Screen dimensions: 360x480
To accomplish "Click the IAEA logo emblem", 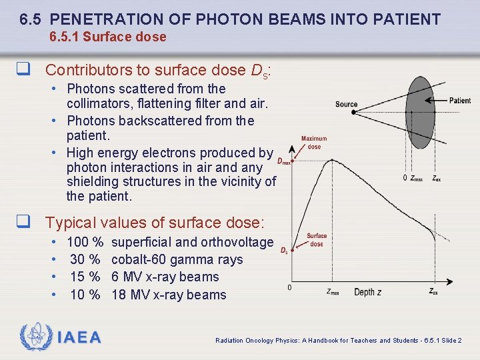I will [x=35, y=338].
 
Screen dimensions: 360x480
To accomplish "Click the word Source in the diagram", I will [x=346, y=104].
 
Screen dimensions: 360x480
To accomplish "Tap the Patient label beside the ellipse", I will [x=459, y=101].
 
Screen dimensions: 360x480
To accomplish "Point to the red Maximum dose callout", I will [x=314, y=143].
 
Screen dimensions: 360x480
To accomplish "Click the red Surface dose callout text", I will [x=317, y=240].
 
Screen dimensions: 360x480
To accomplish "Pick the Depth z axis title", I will [x=368, y=292].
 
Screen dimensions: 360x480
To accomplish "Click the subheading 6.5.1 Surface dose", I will [x=108, y=37].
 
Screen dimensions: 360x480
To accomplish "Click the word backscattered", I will [x=161, y=121].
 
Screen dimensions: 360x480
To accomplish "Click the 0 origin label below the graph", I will [x=289, y=287].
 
